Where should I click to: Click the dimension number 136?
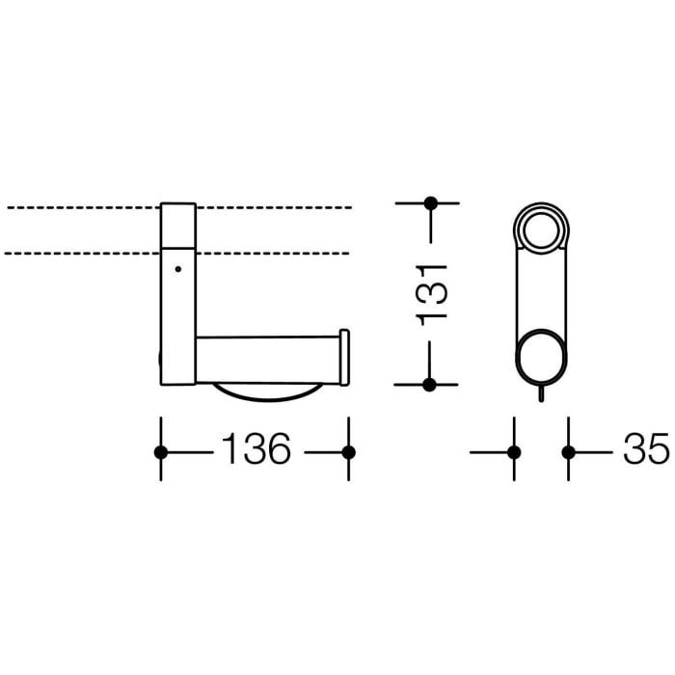click(x=256, y=450)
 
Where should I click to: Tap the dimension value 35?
click(x=645, y=450)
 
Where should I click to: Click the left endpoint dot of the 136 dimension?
click(x=162, y=451)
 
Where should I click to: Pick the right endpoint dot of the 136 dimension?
click(x=349, y=451)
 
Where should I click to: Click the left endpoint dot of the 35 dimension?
click(x=513, y=451)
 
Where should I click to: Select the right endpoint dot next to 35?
click(x=569, y=451)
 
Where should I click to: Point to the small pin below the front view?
click(x=542, y=394)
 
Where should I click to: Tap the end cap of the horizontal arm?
click(x=344, y=357)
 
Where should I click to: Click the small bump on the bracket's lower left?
click(x=159, y=364)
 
